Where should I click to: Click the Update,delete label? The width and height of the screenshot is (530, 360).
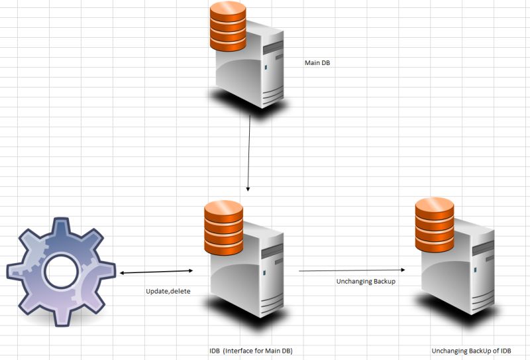168,291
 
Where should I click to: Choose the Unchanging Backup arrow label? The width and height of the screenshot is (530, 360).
366,282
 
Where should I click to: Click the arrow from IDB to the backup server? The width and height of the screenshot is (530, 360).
351,270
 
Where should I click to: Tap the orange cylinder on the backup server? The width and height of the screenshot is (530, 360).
435,223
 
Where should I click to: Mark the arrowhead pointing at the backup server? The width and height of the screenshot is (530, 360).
402,270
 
